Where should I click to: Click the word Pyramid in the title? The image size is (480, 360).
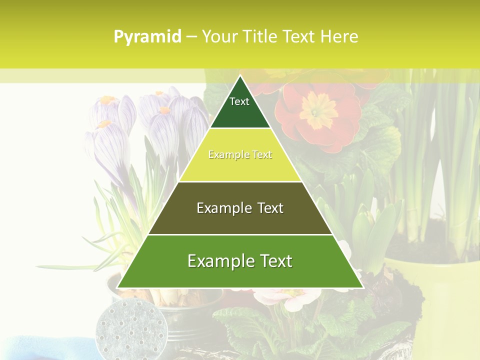click(147, 37)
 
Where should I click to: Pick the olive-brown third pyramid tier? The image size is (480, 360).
click(240, 220)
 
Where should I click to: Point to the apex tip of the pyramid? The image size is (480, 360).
click(240, 76)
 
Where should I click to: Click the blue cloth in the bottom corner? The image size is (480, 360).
click(40, 348)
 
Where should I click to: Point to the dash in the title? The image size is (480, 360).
click(191, 37)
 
